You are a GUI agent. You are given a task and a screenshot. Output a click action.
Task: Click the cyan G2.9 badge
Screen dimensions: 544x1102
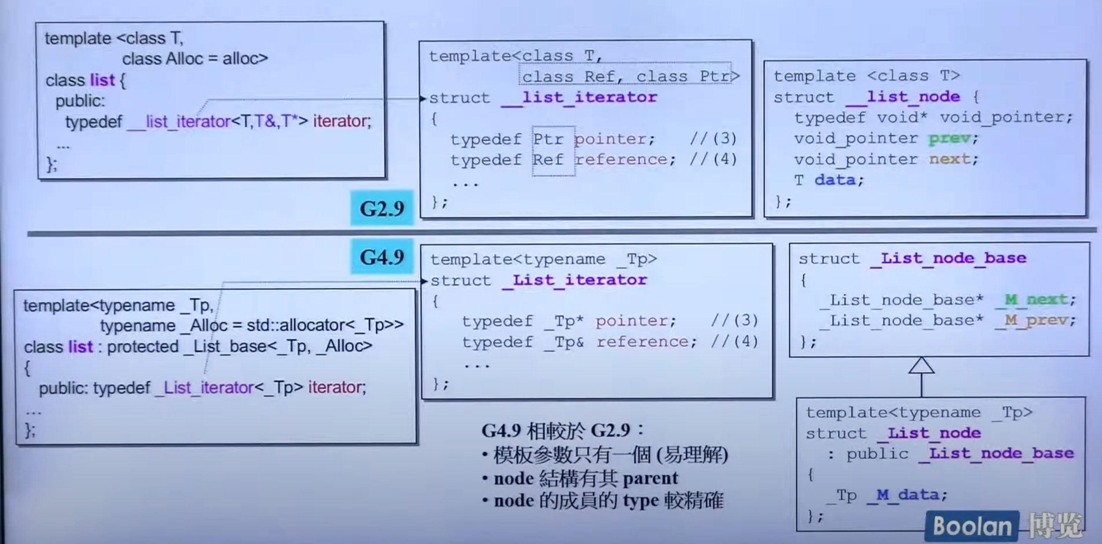coord(382,208)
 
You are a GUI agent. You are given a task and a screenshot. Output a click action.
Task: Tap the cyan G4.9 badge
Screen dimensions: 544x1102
coord(382,257)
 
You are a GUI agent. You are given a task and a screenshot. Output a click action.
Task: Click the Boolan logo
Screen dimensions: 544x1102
coord(972,526)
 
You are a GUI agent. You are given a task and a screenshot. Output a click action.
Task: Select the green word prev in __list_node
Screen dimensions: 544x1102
coord(949,138)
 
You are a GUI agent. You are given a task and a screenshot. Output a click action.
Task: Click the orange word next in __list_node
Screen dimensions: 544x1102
coord(949,159)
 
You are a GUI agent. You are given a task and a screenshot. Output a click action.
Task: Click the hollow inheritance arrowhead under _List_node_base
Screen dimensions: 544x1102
coord(921,366)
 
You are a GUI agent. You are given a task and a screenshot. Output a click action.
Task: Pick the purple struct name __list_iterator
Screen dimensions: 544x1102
coord(579,97)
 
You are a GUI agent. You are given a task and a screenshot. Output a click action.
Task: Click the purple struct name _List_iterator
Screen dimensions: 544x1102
coord(575,280)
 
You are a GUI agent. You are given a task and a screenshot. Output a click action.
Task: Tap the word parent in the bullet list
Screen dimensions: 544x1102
coord(650,478)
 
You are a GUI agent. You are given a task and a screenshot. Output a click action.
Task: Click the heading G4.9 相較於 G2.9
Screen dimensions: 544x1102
coord(563,431)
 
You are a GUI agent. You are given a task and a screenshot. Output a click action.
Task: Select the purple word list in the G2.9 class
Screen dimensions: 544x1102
coord(102,80)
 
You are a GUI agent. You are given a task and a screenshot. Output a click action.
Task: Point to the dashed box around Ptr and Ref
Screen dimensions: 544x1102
coord(553,150)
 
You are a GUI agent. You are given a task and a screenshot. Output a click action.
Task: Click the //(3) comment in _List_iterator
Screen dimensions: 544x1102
coord(734,321)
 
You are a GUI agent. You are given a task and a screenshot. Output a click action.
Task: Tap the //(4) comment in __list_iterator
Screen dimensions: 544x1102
coord(714,159)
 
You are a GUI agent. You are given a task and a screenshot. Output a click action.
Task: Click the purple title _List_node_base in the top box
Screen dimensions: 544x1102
coord(949,258)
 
